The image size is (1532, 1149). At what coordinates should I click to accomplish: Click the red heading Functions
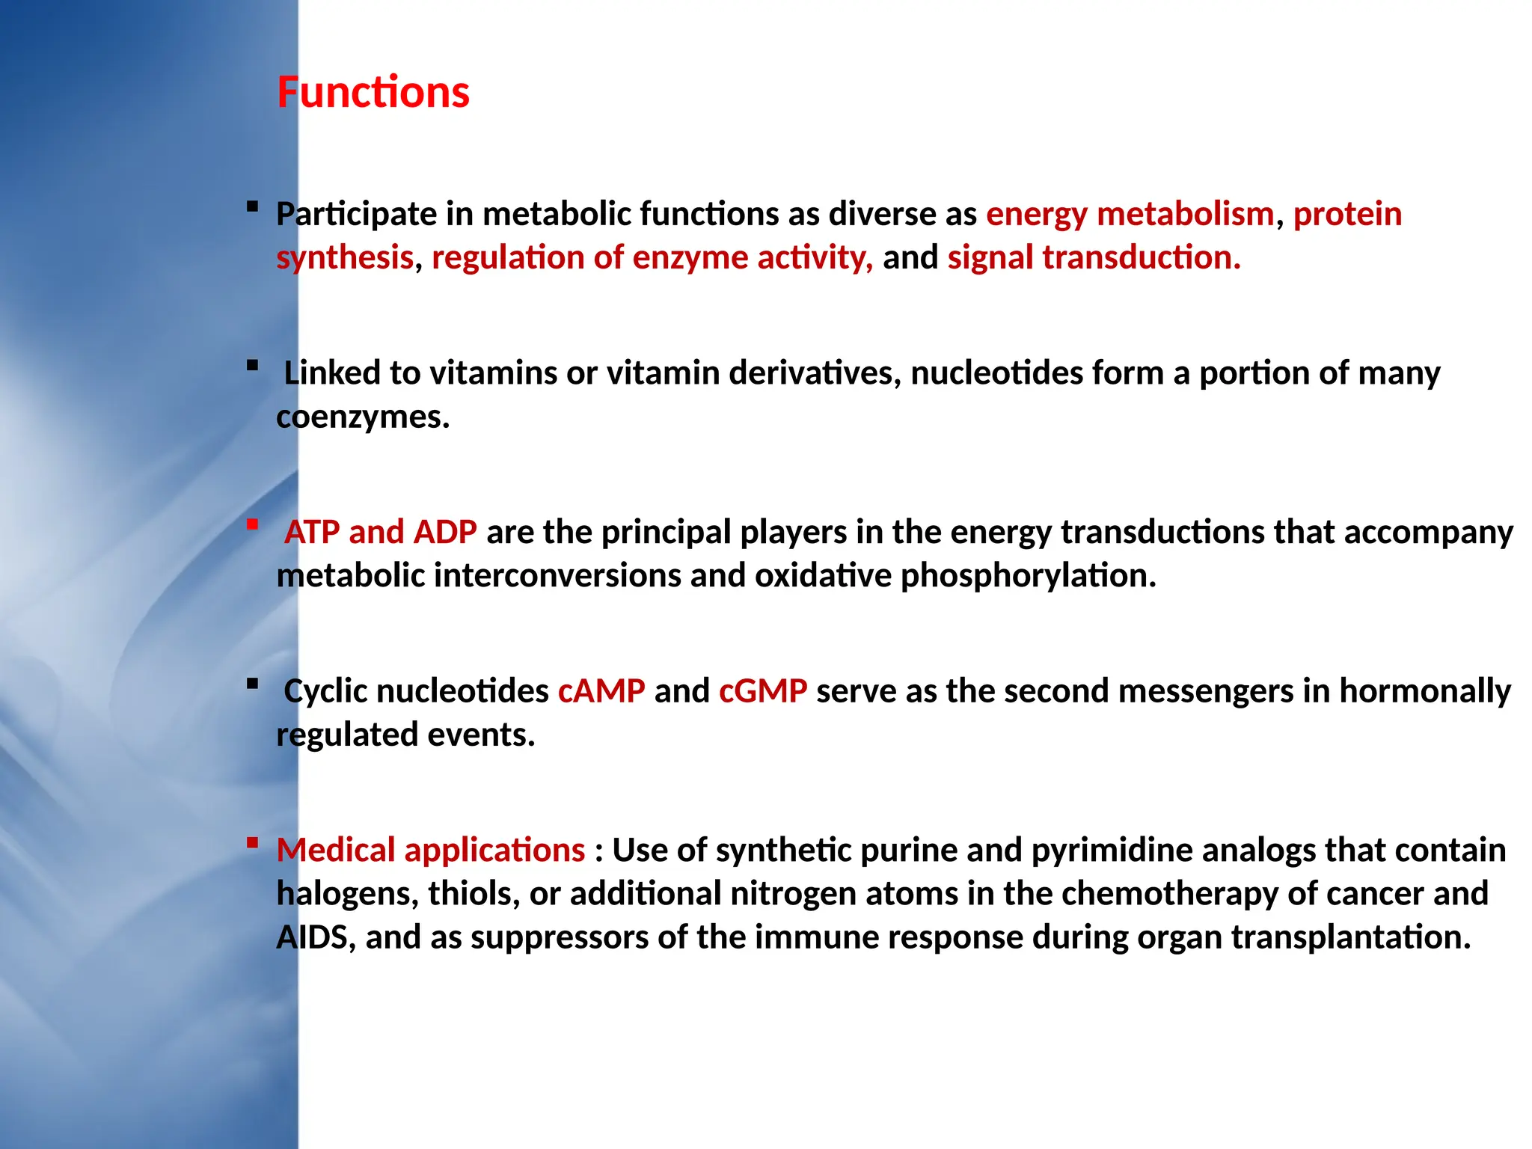point(373,93)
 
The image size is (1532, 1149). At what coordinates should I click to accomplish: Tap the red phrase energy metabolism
point(1130,214)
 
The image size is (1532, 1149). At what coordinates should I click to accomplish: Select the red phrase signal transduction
point(1093,257)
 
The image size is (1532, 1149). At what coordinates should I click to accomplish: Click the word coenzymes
point(363,417)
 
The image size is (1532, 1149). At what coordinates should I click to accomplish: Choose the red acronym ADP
point(445,532)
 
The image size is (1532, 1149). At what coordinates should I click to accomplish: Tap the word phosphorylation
point(1028,576)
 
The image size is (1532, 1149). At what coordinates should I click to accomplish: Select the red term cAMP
point(601,690)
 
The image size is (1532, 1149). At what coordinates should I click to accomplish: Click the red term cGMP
point(763,690)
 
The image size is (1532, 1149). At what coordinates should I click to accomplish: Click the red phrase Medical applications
point(431,851)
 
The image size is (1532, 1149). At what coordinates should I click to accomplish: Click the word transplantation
point(1351,937)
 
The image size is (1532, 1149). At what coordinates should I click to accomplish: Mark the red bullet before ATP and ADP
point(253,524)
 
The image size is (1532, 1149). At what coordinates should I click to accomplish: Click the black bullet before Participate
point(253,206)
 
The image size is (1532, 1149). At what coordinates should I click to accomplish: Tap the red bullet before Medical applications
point(253,842)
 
